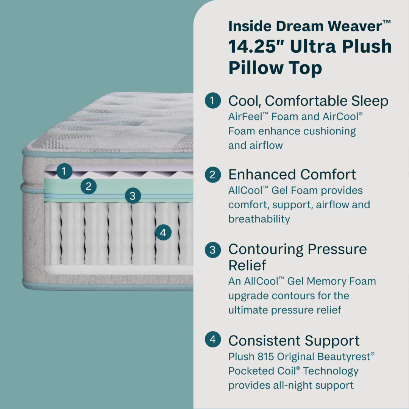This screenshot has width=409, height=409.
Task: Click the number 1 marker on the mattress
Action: (64, 171)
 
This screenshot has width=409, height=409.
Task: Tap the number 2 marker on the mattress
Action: (89, 186)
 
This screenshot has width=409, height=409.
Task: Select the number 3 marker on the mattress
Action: (132, 196)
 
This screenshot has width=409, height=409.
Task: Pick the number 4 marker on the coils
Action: (163, 233)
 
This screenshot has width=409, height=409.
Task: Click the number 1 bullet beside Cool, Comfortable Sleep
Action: (212, 101)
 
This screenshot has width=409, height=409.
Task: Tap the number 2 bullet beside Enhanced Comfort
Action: (212, 175)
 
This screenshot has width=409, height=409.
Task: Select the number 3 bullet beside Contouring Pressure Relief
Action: (212, 250)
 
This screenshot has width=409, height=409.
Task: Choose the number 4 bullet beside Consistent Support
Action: (212, 339)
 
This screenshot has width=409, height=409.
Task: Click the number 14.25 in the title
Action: (256, 47)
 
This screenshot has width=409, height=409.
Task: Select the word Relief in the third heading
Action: (248, 265)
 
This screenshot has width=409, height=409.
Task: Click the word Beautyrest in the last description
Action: (345, 357)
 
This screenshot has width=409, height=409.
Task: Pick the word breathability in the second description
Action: (259, 219)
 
